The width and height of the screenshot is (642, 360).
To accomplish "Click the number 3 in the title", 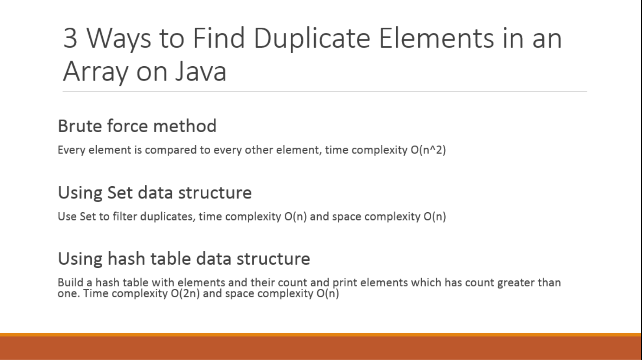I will click(x=70, y=38).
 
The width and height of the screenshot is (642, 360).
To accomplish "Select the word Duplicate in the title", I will click(x=312, y=38).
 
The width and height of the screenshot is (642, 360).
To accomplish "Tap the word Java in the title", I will click(x=201, y=71).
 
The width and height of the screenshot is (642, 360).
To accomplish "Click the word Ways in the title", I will click(x=119, y=38).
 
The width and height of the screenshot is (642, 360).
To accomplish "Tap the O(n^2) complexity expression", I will click(x=428, y=150).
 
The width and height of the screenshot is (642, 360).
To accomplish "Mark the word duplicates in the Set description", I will click(x=167, y=216).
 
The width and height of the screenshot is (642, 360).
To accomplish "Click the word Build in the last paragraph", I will click(x=70, y=282).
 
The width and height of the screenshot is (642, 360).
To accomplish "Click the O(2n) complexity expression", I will click(x=185, y=294).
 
